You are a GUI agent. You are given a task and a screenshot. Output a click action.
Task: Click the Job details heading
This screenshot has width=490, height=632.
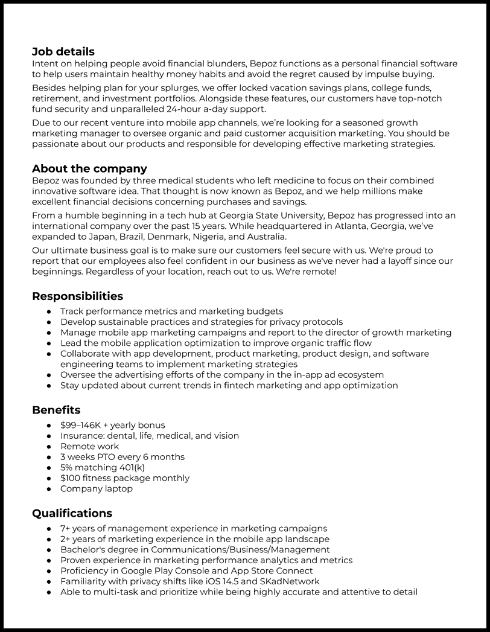click(63, 51)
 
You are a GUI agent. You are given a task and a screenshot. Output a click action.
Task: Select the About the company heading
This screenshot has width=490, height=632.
click(89, 168)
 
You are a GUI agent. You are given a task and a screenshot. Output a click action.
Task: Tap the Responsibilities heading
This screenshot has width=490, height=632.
click(77, 296)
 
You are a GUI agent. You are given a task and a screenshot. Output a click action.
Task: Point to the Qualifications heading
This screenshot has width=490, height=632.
click(72, 513)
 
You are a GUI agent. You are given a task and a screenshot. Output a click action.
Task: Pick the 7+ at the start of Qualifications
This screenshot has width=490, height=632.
click(66, 528)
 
